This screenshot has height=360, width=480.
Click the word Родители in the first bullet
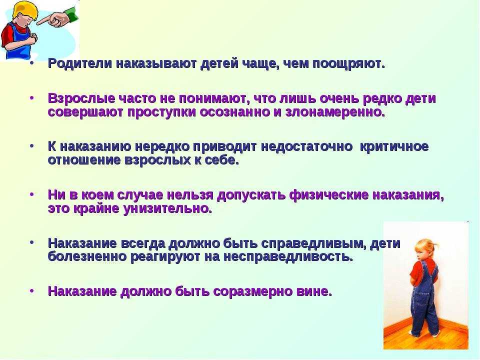[79, 65]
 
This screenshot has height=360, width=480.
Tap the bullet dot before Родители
[31, 65]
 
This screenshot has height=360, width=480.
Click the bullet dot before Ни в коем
[31, 195]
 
